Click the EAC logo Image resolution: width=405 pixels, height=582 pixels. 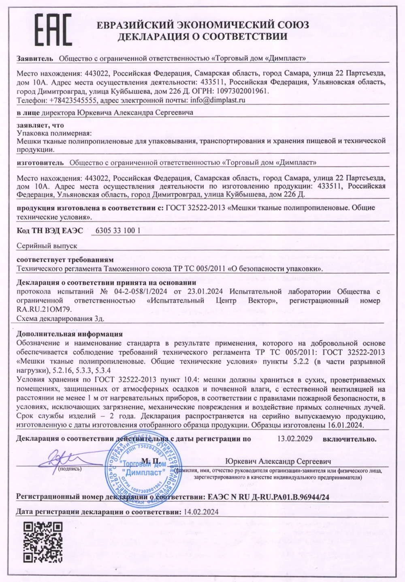tap(52, 30)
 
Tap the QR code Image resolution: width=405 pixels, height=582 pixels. tap(43, 542)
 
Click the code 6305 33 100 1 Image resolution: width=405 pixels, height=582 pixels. tap(117, 231)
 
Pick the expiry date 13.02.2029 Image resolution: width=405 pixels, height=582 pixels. tap(295, 438)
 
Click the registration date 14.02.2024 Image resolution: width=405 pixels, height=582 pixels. tap(201, 512)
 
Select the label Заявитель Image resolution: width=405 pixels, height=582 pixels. tap(35, 58)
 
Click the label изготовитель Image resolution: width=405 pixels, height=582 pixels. tap(40, 163)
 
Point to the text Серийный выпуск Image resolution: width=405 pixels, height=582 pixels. tap(47, 245)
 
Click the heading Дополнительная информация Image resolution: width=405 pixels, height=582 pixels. tap(69, 334)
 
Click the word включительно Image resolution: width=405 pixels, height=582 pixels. tap(350, 439)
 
